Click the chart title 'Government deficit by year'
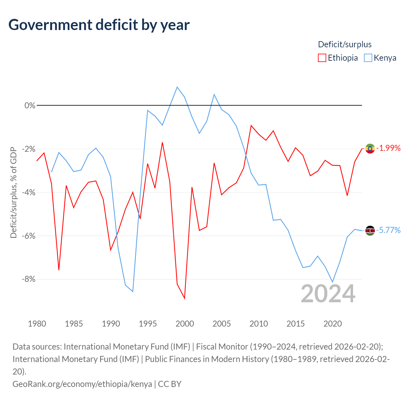(99, 25)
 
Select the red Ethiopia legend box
(322, 58)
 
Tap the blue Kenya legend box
(368, 58)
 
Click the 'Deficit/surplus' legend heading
(344, 44)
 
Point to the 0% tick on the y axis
(30, 105)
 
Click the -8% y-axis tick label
(28, 279)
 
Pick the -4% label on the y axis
(28, 192)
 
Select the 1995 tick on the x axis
(148, 324)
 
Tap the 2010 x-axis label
(259, 324)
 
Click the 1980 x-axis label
(37, 324)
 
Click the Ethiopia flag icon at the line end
(370, 148)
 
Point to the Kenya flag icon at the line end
(370, 230)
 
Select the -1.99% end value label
(389, 148)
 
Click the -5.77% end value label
(389, 230)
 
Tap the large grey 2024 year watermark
(328, 294)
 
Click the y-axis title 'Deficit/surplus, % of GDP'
(14, 192)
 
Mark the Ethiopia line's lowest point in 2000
(185, 299)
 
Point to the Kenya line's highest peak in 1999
(177, 87)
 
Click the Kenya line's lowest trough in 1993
(133, 292)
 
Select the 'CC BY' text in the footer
(170, 384)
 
